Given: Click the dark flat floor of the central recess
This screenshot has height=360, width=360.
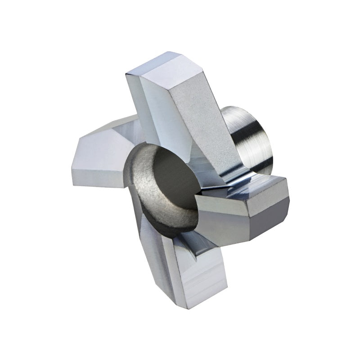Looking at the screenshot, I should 171,189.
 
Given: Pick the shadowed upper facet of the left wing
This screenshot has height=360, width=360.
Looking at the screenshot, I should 108,130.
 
